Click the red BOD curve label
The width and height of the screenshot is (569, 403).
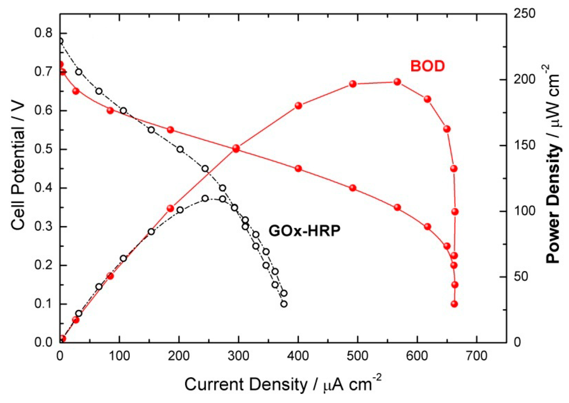pos(427,66)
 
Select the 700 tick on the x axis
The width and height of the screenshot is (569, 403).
pos(476,356)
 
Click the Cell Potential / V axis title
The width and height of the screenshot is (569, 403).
pos(18,167)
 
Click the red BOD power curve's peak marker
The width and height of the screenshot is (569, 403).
pos(397,82)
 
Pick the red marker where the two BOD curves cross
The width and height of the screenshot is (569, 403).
pos(236,149)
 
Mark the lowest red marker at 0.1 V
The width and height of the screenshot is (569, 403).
pos(454,304)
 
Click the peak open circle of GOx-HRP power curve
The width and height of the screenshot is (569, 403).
pos(205,198)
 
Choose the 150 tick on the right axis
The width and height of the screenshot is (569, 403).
pos(524,145)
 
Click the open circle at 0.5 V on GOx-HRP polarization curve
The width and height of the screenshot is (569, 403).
pos(180,149)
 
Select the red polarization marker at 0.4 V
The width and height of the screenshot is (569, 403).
pos(352,188)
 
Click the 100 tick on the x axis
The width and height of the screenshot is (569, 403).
pos(119,356)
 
